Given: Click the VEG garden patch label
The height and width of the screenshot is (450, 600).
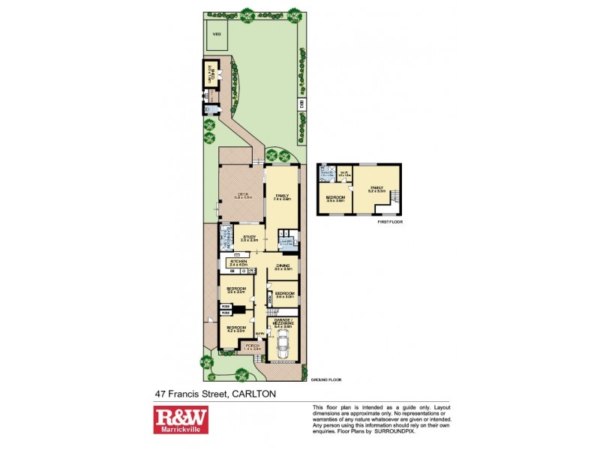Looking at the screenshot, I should pos(217,34).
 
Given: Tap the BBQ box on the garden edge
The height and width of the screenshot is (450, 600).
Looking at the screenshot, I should pos(303,106).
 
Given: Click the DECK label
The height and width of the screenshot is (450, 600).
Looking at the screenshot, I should pos(241,196).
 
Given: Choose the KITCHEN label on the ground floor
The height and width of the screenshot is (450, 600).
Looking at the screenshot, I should pos(238,262).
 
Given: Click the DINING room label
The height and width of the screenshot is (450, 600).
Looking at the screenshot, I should pos(283,266).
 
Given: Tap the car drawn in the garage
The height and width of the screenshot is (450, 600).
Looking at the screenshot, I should pos(283,346).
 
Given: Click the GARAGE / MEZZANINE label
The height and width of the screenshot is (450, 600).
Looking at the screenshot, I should pos(283,324).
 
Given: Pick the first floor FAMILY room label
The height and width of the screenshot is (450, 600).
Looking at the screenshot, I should pos(376,189).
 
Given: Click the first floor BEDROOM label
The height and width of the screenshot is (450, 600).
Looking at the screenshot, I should pos(335,199).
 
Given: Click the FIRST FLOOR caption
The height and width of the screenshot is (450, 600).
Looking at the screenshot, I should pos(391,222).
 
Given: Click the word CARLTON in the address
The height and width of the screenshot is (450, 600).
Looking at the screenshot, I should pos(255,394).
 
